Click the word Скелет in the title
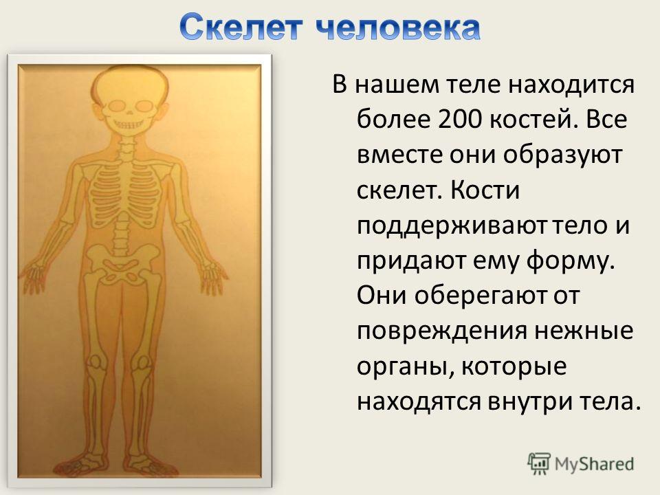click(x=241, y=27)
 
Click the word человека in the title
click(x=398, y=27)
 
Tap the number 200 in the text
click(x=460, y=120)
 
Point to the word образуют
click(x=562, y=155)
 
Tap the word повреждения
click(x=442, y=331)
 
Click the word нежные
click(x=584, y=331)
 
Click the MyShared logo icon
click(x=538, y=464)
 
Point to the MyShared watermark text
click(x=594, y=464)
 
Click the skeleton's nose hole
click(x=129, y=113)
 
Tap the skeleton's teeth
click(x=129, y=125)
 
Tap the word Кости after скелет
click(x=485, y=190)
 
